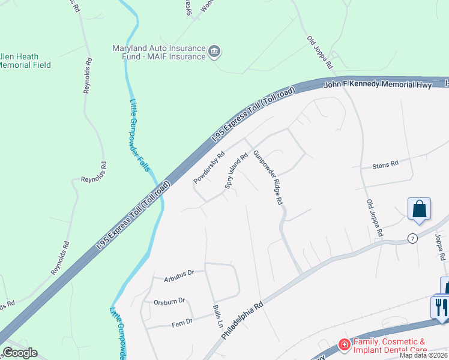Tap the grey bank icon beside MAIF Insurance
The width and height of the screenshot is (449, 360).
pos(214,53)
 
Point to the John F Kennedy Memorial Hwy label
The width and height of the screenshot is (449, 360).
pos(378,85)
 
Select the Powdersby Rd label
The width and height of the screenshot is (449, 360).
pos(209,167)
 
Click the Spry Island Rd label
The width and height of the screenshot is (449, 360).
pos(236,173)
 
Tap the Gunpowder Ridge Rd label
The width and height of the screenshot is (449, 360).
pos(268,178)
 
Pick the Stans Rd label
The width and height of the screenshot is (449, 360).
pos(385,164)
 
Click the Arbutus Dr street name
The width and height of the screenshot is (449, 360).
pos(179,273)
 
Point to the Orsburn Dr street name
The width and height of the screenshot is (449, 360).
pos(171,301)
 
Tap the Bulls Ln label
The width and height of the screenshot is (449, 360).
pos(217,315)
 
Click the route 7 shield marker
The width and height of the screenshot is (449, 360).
pos(412,238)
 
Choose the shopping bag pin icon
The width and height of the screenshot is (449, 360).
pos(419,210)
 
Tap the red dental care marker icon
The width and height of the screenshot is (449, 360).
pos(344,344)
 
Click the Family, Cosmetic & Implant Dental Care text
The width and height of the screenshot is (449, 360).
pos(390,346)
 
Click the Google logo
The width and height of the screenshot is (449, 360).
pos(20,353)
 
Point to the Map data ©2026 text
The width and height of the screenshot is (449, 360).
pos(424,355)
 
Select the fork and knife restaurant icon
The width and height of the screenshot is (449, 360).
pos(441,307)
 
